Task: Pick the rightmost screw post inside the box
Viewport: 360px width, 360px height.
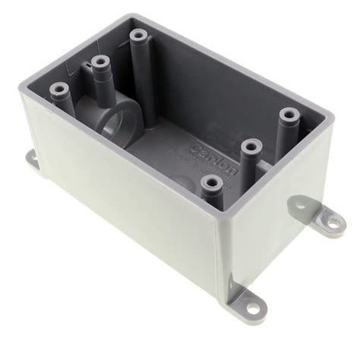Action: pyautogui.click(x=287, y=116)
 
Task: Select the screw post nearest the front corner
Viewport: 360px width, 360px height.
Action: pyautogui.click(x=207, y=183)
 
